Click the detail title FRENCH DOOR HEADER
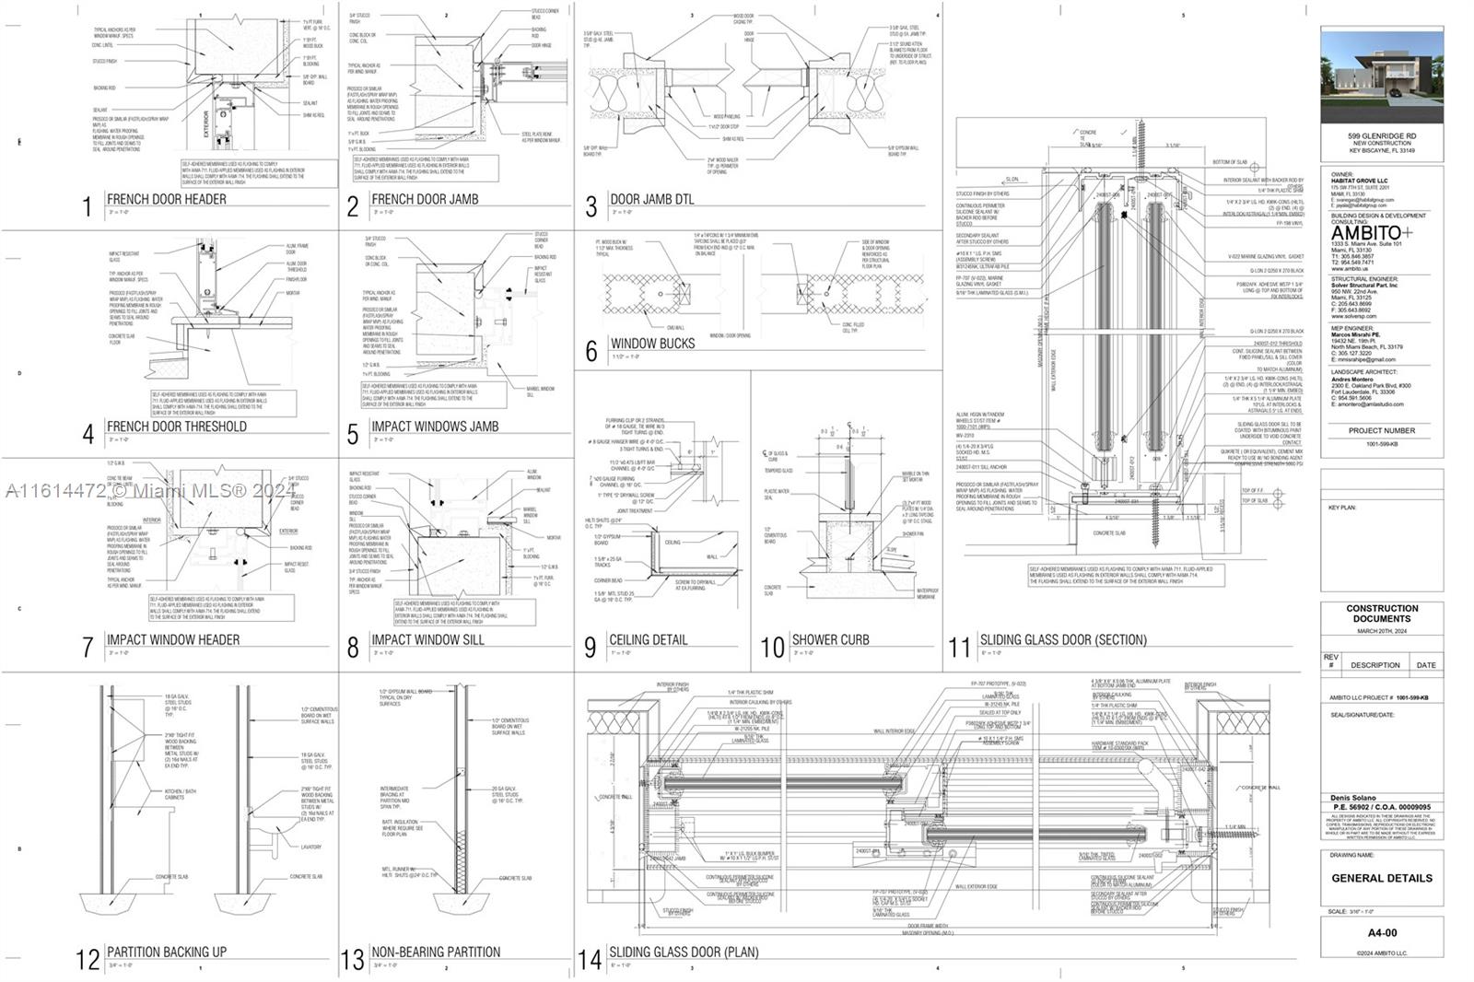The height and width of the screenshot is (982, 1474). click(166, 199)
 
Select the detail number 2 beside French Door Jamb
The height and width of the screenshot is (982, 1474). click(352, 206)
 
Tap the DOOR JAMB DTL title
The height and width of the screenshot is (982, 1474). click(651, 199)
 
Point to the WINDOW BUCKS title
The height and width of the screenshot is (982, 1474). click(652, 344)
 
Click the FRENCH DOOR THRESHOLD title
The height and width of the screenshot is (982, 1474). click(176, 427)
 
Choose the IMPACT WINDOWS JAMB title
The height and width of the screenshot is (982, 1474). click(435, 427)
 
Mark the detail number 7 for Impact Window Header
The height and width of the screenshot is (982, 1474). click(88, 647)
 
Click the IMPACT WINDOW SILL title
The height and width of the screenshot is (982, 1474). click(427, 639)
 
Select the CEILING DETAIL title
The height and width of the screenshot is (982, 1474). click(649, 639)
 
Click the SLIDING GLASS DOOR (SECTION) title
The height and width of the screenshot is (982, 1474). click(1063, 639)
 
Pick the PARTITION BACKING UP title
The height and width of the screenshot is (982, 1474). click(166, 952)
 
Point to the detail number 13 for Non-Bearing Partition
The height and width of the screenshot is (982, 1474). click(353, 960)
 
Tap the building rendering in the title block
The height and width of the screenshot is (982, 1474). click(1381, 76)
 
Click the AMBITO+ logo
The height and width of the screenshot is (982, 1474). click(1371, 233)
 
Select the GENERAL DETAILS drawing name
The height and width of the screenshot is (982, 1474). click(1381, 878)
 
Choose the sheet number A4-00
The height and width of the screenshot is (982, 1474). click(1381, 932)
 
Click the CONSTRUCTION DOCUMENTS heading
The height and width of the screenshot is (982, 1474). click(1381, 614)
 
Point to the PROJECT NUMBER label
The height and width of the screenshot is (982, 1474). click(1381, 430)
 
